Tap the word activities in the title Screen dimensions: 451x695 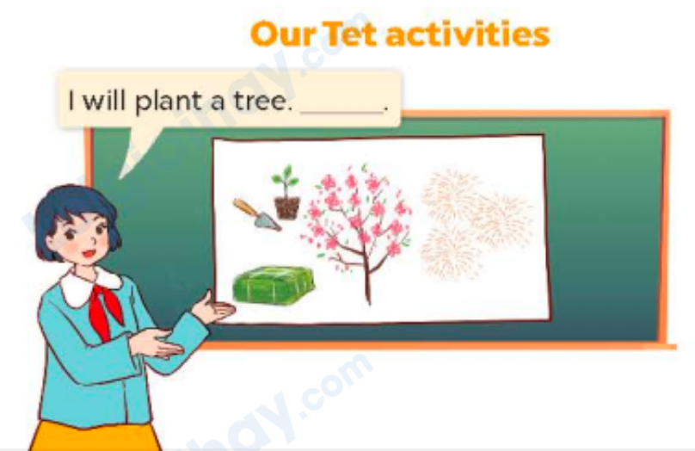(467, 34)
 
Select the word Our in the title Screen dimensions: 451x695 (284, 34)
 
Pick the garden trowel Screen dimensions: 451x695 (255, 213)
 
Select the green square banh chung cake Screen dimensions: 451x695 (273, 284)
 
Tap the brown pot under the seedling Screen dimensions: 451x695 (287, 207)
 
